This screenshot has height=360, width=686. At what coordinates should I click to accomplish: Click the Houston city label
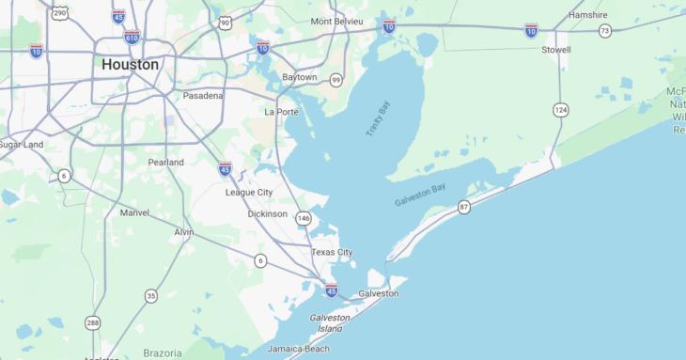tap(130, 65)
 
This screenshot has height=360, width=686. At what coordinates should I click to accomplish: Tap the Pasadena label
tap(203, 96)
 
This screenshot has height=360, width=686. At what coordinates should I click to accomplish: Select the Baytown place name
tap(300, 77)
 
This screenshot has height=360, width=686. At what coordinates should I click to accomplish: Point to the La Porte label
tap(281, 112)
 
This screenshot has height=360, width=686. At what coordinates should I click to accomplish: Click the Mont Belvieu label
tap(335, 21)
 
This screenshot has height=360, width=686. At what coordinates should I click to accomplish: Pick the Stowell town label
tap(556, 50)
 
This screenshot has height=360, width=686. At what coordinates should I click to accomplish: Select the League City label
tap(249, 192)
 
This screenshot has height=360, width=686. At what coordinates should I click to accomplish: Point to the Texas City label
tap(332, 252)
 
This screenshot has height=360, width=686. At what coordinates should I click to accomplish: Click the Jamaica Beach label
tap(298, 349)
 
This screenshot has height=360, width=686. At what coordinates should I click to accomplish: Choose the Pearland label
tap(165, 162)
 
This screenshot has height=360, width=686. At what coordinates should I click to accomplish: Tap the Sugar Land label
tap(21, 145)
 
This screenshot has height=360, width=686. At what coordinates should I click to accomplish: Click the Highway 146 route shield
tap(303, 218)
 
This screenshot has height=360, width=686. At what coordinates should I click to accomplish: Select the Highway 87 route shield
tap(464, 207)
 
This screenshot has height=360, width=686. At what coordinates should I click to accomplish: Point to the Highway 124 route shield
tap(560, 111)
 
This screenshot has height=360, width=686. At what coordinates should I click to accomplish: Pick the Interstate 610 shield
tap(132, 38)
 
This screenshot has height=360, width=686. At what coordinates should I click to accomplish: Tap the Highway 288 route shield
tap(92, 323)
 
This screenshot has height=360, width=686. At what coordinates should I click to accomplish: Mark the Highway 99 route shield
tap(335, 80)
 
